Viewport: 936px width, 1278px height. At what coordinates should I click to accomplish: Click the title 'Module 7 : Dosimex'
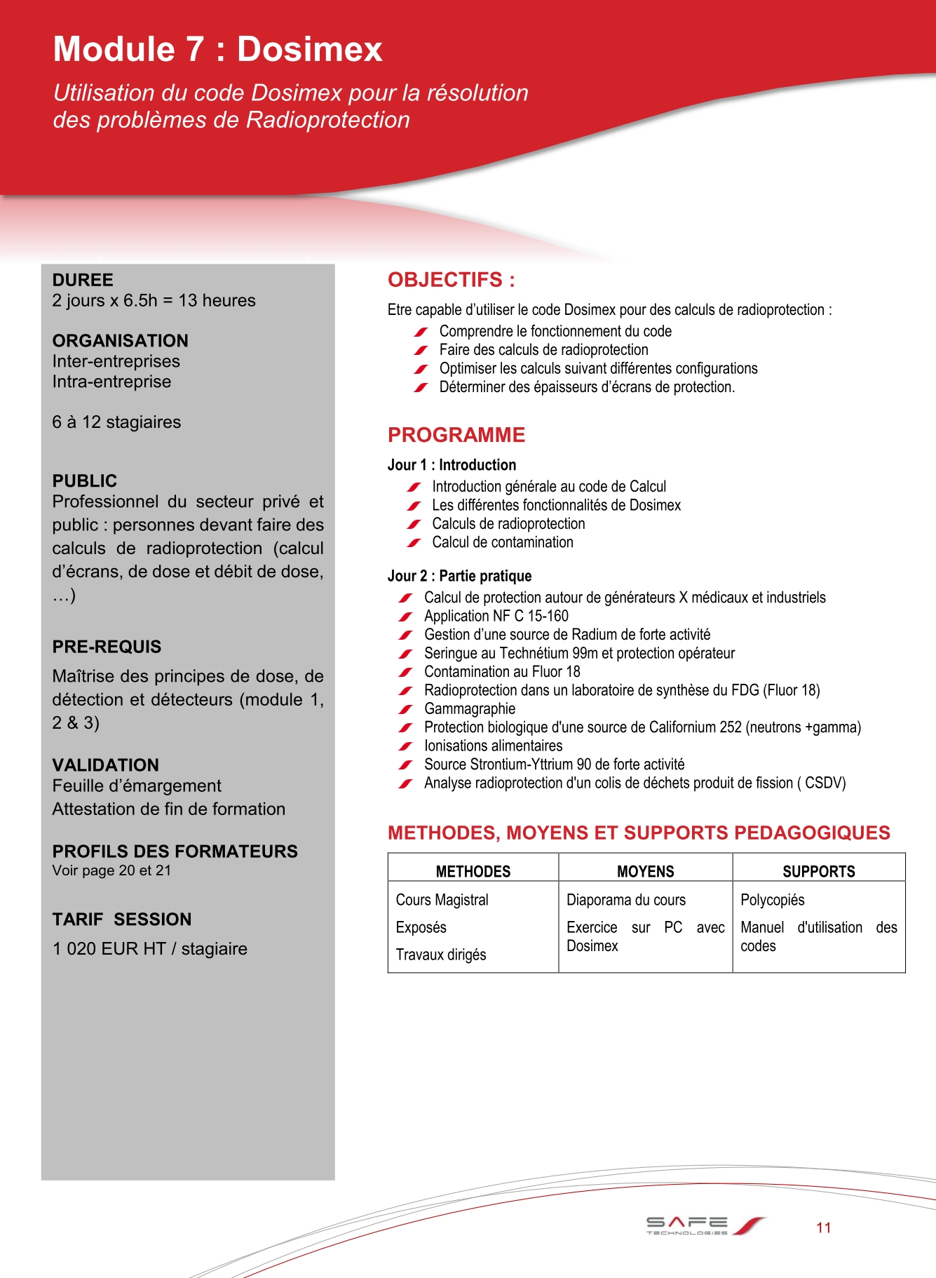218,49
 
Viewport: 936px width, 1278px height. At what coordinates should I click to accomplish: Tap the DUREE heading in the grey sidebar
83,280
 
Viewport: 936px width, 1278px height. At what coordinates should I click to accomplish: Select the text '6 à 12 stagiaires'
116,422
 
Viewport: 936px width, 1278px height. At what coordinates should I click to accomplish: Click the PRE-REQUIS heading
107,646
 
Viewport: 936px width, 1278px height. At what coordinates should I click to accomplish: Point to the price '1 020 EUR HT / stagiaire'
149,948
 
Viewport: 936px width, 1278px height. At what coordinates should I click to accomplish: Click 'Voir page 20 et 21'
111,870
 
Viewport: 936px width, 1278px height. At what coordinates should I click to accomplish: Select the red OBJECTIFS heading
451,280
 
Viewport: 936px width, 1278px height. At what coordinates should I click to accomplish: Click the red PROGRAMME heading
456,435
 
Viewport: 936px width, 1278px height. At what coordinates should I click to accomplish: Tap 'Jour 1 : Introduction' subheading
452,465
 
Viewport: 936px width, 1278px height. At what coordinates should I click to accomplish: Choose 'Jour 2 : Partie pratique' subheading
459,576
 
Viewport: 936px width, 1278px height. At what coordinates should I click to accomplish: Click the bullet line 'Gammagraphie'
469,708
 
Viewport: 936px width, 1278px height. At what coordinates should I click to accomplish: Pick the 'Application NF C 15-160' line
496,616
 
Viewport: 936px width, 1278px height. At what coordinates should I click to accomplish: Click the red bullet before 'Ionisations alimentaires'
405,746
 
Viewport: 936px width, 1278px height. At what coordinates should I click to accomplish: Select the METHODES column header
473,871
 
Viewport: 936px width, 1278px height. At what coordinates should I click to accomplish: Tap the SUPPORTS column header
818,871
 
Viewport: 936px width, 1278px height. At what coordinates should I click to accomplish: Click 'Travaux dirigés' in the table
440,955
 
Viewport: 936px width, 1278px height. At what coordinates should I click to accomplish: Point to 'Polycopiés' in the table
772,900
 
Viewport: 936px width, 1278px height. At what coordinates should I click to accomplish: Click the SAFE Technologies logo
704,1225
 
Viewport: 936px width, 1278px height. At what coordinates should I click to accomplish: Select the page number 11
823,1227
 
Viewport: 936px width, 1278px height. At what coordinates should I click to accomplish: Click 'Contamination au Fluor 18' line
501,671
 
